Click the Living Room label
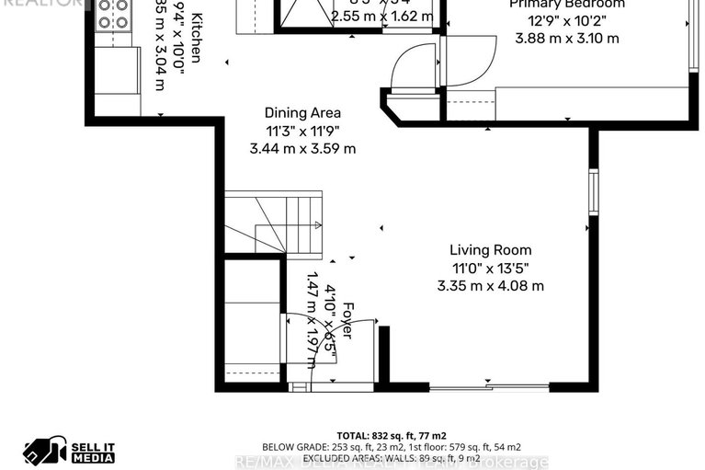(x=490, y=249)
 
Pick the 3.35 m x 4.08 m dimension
(x=490, y=285)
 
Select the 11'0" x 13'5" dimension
(x=490, y=268)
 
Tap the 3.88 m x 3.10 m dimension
(x=566, y=39)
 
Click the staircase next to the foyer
(x=273, y=224)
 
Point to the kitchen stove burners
(x=114, y=14)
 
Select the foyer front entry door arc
(x=331, y=345)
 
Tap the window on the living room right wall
(x=594, y=192)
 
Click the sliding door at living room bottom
(x=489, y=387)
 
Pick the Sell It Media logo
(x=70, y=450)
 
